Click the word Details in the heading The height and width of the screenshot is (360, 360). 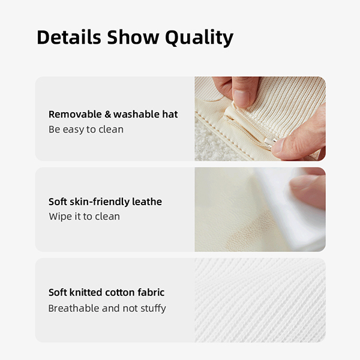69,37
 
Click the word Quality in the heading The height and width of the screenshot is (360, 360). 199,38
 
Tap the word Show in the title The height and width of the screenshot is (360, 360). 133,37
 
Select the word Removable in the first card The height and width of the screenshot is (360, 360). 75,115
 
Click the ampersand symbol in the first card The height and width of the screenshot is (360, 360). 107,115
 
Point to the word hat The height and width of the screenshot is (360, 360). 170,115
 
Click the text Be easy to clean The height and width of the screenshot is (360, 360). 86,130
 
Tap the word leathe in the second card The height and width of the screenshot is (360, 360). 147,202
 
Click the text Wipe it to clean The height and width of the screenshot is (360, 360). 84,217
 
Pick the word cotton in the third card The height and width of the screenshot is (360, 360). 120,293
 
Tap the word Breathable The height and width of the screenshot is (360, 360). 74,308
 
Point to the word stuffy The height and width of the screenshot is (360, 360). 153,309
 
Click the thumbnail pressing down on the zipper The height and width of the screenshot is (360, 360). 242,98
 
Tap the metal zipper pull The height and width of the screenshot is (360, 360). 270,143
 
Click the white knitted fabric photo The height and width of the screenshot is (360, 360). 260,300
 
